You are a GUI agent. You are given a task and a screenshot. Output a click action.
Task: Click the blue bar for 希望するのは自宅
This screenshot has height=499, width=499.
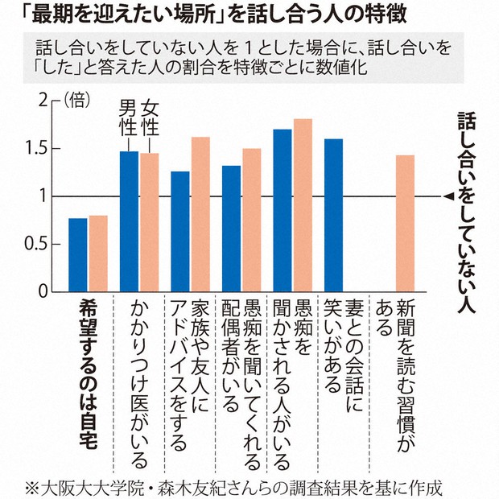[78, 255]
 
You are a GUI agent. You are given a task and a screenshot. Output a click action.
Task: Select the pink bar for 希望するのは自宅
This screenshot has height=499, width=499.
[98, 254]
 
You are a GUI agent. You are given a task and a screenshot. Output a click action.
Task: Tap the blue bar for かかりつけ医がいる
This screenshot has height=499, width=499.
[129, 221]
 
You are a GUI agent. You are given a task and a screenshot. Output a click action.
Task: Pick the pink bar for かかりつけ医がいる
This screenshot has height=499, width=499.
[149, 222]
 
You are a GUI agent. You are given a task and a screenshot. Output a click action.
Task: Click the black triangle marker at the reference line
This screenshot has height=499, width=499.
[447, 196]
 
